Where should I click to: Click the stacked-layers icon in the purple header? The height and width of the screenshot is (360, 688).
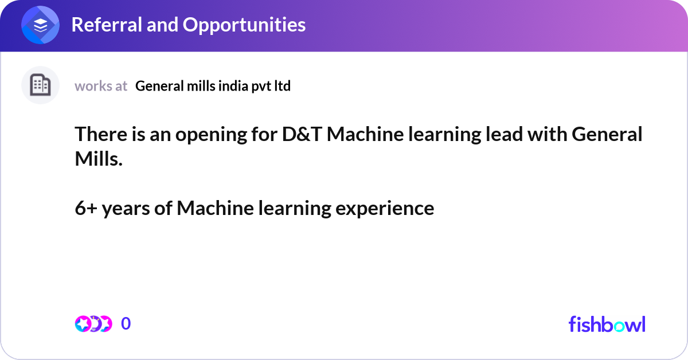point(41,25)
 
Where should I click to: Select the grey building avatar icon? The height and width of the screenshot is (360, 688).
point(40,85)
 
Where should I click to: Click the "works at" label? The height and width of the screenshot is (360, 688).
point(101,86)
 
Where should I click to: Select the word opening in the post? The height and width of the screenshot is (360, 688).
point(201,135)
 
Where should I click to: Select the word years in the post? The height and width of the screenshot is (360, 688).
point(133,209)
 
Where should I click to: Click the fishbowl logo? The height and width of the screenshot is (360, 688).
point(607,324)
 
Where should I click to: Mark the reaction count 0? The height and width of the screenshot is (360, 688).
point(126,324)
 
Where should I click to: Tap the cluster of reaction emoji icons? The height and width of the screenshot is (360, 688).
point(93,324)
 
